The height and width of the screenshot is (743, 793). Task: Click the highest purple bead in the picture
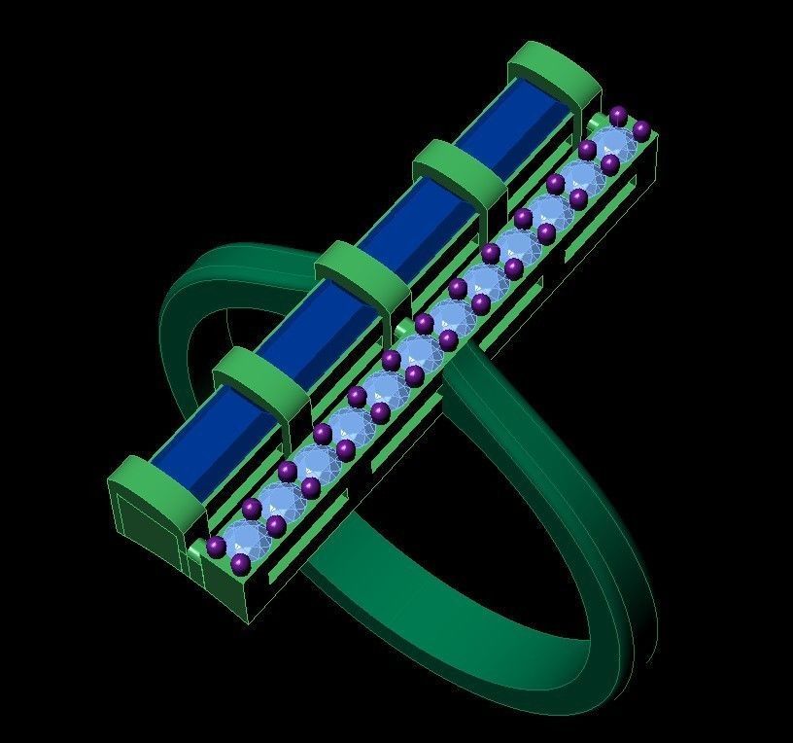coord(618,115)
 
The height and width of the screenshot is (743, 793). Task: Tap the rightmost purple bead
coord(641,128)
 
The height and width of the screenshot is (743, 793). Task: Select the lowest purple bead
coord(240,563)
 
